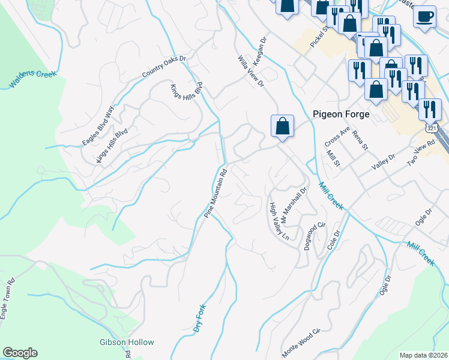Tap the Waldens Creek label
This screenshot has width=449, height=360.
click(33, 80)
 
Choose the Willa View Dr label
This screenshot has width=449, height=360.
click(251, 71)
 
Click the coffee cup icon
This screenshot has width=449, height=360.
click(425, 17)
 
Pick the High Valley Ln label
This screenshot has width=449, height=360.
click(279, 221)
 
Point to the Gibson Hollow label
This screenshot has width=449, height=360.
click(127, 343)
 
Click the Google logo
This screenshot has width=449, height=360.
click(20, 353)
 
